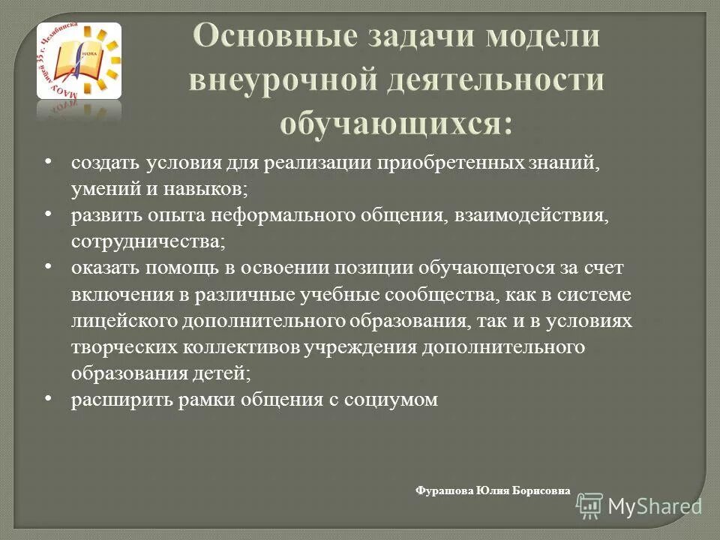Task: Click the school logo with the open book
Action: point(79,61)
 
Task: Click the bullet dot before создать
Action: point(47,162)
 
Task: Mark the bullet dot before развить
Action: point(47,215)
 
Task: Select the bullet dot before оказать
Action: point(47,267)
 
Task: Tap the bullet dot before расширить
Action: point(47,399)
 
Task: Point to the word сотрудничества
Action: point(145,242)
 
